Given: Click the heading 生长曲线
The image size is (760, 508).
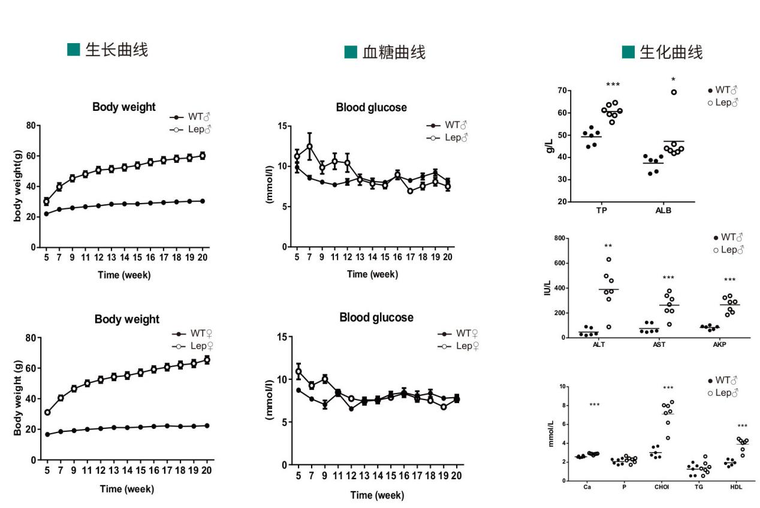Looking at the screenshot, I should (x=116, y=50).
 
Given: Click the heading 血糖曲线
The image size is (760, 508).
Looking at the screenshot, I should (x=394, y=52).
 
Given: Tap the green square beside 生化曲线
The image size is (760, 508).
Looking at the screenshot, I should (x=628, y=52).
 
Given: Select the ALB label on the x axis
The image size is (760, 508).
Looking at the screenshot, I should (x=664, y=211).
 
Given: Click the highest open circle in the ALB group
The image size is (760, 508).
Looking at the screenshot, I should (x=674, y=92).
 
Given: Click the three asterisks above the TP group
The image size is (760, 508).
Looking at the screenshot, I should (x=613, y=85).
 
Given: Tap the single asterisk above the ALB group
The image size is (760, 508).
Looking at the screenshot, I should (x=674, y=80).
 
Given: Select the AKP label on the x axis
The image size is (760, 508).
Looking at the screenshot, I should (x=720, y=344).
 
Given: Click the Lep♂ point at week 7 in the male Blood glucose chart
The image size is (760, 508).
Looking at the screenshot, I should (x=310, y=146).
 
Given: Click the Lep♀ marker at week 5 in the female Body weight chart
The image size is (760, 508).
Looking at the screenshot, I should (x=47, y=412).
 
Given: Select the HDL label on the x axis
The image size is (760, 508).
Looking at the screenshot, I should (x=736, y=487).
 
